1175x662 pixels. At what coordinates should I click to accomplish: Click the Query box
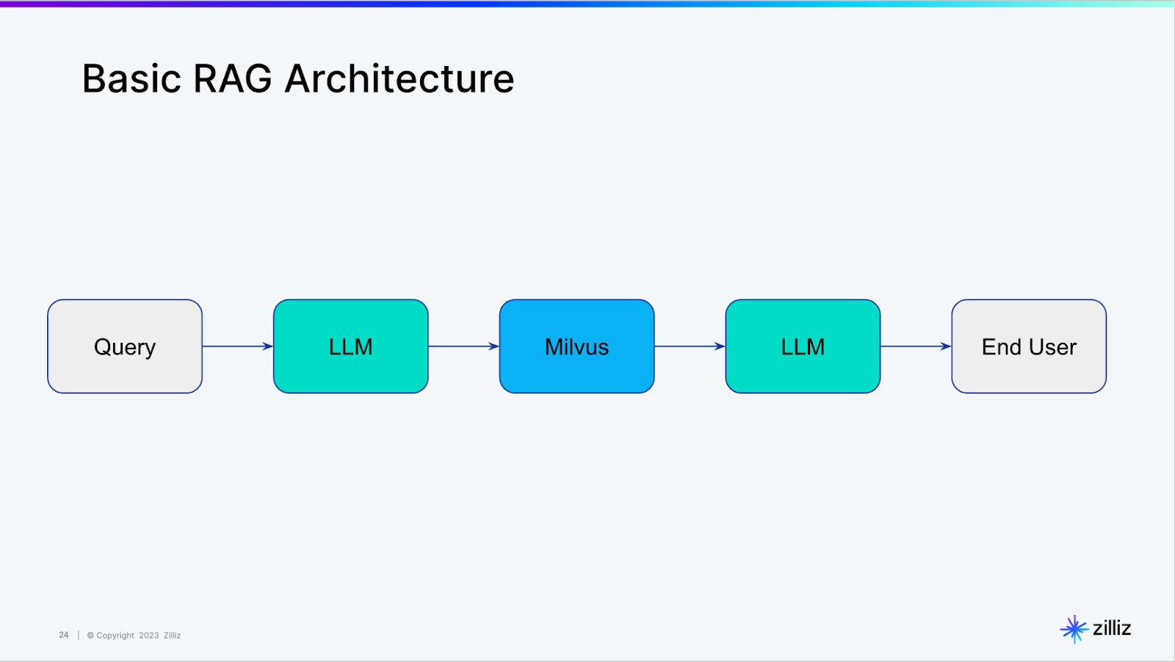(x=125, y=346)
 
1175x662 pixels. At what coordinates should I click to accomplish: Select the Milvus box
(x=576, y=346)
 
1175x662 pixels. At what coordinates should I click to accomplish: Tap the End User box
(x=1028, y=346)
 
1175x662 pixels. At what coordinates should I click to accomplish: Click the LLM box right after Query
(x=350, y=346)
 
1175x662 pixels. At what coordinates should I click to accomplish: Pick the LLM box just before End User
(x=803, y=346)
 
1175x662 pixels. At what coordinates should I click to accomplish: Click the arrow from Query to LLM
(x=237, y=346)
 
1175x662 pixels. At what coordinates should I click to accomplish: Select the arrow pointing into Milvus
(x=463, y=346)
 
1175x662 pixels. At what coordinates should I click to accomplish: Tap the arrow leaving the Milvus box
(x=690, y=346)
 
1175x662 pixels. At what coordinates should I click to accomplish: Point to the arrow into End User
(x=915, y=346)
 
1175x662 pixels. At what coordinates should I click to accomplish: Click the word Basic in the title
(x=131, y=79)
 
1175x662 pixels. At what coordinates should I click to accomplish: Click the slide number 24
(x=64, y=635)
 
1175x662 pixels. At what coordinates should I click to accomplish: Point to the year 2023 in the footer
(x=148, y=636)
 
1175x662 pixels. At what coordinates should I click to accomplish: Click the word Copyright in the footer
(x=115, y=636)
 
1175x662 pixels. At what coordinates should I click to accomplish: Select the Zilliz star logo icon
(x=1074, y=629)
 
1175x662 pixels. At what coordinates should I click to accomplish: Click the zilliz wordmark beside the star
(x=1112, y=628)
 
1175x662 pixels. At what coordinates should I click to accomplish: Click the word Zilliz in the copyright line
(x=172, y=636)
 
